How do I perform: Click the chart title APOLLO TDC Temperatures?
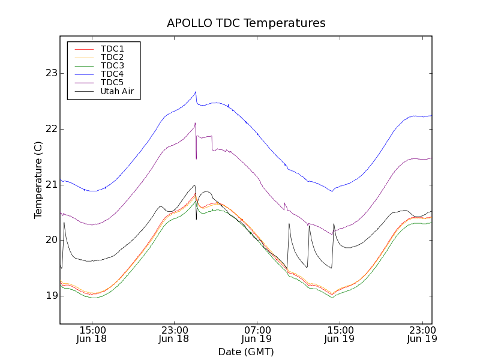[x=246, y=23]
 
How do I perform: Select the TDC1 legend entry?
[x=112, y=49]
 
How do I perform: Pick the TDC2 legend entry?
[x=112, y=57]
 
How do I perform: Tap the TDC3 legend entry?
[x=112, y=65]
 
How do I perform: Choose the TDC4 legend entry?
[x=112, y=74]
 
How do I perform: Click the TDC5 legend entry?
[x=112, y=82]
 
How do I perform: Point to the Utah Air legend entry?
[x=117, y=91]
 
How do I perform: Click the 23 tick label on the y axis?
[x=50, y=74]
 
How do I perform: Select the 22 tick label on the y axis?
[x=50, y=129]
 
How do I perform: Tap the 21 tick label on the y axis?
[x=50, y=185]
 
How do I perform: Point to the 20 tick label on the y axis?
[x=50, y=240]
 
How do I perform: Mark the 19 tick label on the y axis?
[x=50, y=296]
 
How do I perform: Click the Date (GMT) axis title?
[x=246, y=351]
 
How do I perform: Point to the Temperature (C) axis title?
[x=38, y=180]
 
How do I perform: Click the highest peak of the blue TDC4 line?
[x=195, y=92]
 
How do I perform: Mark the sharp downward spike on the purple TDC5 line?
[x=196, y=158]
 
